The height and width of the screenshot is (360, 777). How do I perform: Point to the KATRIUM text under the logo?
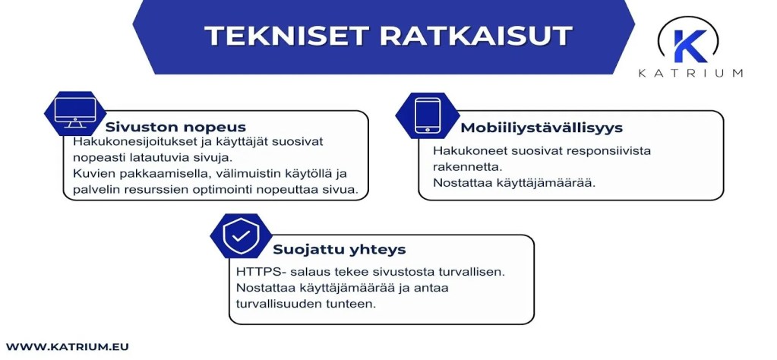click(690, 73)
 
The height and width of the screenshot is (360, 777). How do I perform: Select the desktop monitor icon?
click(75, 113)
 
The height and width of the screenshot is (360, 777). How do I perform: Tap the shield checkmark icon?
click(240, 236)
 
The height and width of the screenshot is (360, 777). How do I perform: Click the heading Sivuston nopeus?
click(175, 127)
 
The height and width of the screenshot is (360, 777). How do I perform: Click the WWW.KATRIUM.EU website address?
click(68, 346)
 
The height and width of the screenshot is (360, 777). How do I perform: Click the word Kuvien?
click(91, 174)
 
